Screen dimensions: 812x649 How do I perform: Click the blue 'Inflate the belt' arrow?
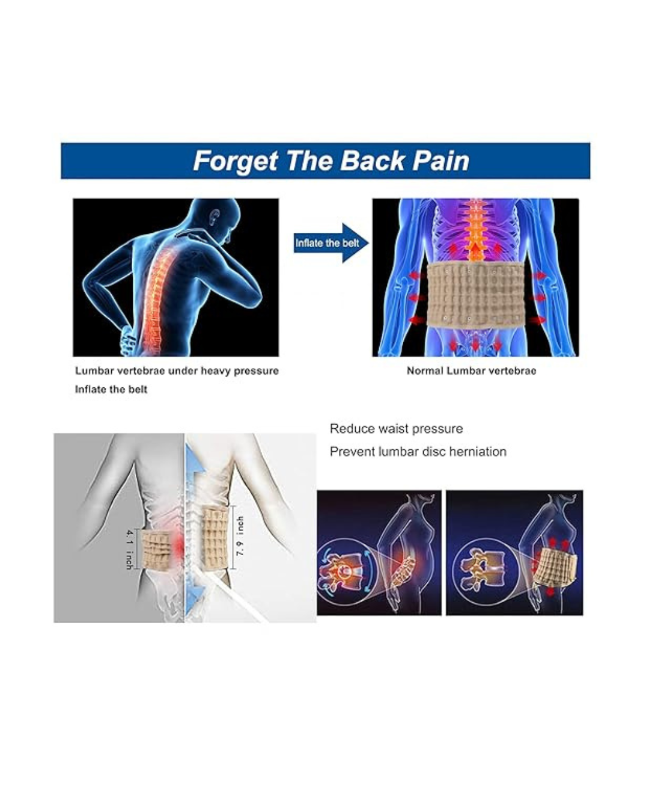[x=330, y=243]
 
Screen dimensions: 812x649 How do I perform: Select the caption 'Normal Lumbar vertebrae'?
[x=471, y=371]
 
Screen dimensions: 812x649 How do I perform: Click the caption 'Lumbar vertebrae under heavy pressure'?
[x=177, y=371]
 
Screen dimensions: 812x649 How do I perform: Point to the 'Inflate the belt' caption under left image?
[x=111, y=389]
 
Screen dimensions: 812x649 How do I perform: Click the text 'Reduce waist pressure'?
[x=396, y=429]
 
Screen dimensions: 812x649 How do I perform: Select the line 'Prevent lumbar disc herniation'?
[x=418, y=452]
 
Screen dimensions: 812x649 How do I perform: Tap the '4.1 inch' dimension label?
[x=129, y=549]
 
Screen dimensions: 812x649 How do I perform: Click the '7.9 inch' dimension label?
[x=240, y=535]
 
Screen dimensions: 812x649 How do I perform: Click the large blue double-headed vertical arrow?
[x=193, y=529]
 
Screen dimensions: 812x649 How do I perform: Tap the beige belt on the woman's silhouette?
[x=558, y=568]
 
